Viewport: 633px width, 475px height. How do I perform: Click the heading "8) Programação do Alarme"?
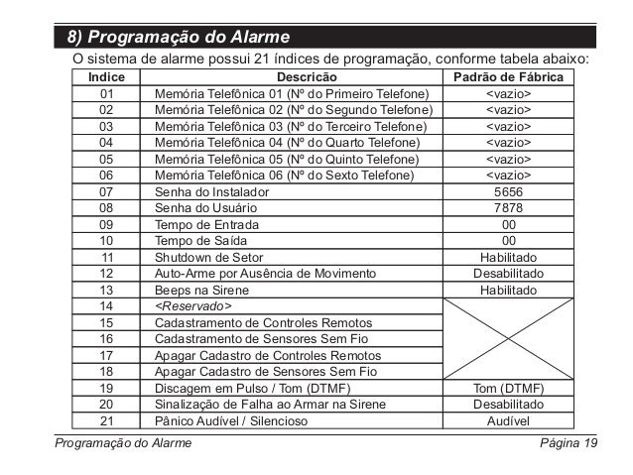click(179, 39)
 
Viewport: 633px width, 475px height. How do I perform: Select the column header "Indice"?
click(107, 77)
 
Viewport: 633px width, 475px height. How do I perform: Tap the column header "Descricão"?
click(306, 77)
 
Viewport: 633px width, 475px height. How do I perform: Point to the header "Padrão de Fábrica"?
click(508, 77)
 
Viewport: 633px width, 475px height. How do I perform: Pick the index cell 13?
click(107, 291)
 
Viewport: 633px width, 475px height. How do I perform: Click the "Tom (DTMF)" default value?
click(508, 388)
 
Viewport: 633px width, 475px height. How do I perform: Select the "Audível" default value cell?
click(508, 420)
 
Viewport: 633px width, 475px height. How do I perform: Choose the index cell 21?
click(107, 420)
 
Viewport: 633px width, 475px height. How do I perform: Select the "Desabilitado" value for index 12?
click(508, 273)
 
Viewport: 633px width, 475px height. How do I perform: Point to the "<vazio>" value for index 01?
click(508, 94)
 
